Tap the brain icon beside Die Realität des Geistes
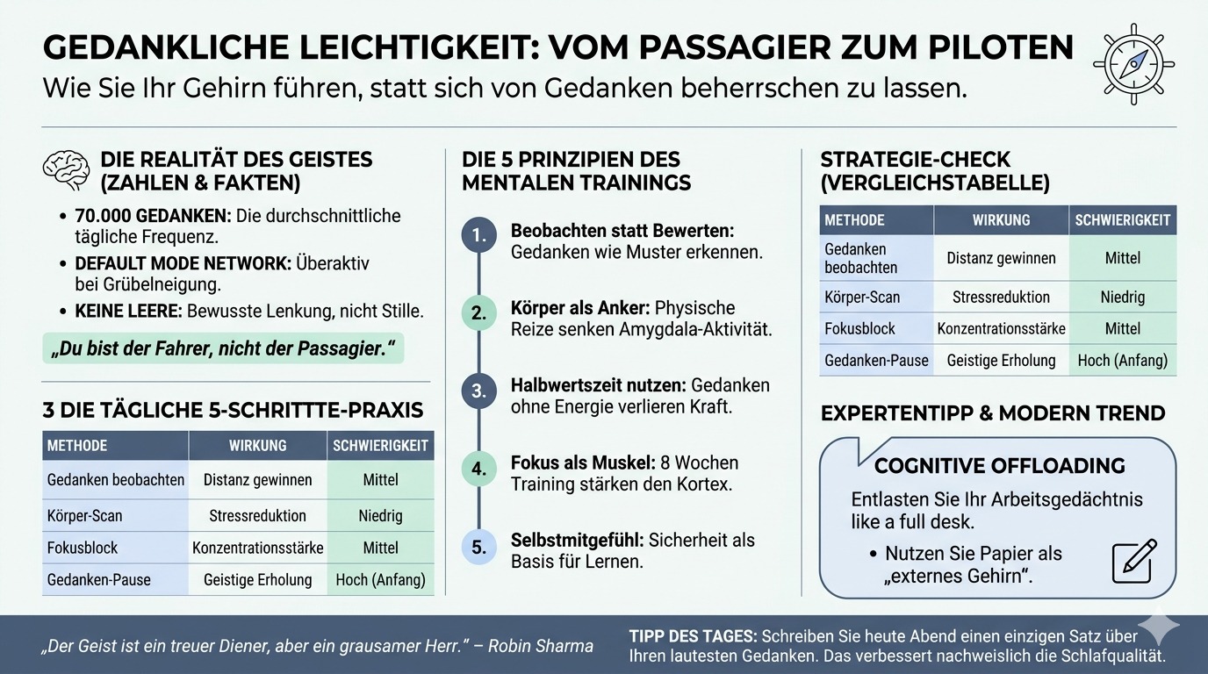[67, 169]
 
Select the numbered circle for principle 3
[478, 391]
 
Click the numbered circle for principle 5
[478, 548]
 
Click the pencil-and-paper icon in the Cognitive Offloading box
[1134, 561]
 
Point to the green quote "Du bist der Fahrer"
[223, 348]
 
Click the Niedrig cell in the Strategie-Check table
[1122, 297]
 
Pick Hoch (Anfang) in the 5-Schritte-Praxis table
[380, 579]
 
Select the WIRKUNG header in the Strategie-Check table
[1001, 220]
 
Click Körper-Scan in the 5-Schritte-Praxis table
[85, 515]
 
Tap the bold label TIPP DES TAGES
[692, 635]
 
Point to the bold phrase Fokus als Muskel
[578, 462]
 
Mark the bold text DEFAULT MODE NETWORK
[183, 264]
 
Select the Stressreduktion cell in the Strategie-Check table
[1001, 297]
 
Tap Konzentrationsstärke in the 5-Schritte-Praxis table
[257, 548]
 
